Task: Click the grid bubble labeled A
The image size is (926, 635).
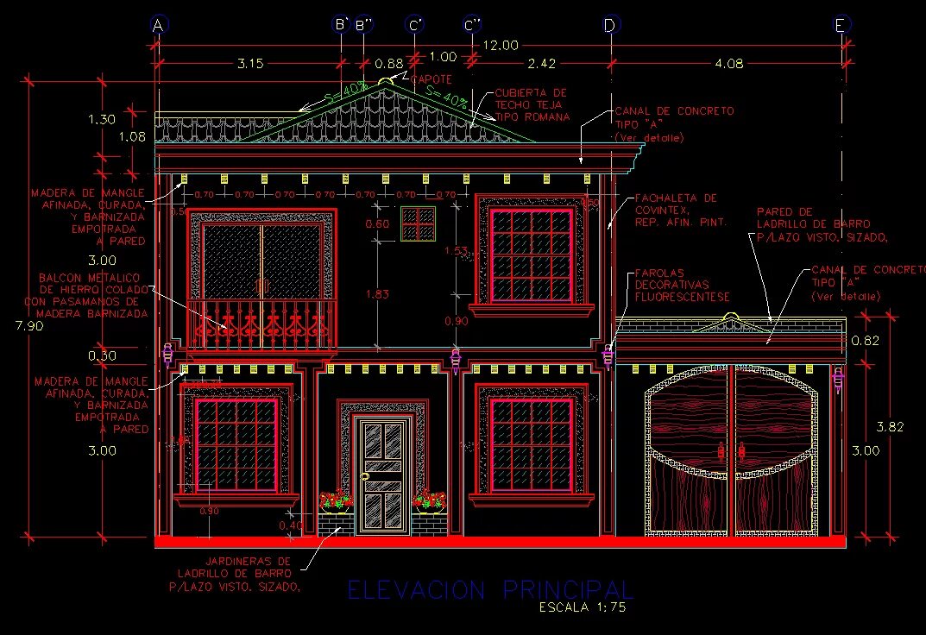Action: [x=157, y=25]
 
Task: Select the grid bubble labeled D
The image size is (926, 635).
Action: [x=610, y=25]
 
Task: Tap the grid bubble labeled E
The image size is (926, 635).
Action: [x=841, y=25]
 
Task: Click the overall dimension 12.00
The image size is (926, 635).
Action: [x=501, y=45]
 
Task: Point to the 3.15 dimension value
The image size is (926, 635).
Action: [x=250, y=63]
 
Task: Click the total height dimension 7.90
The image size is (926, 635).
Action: [x=12, y=325]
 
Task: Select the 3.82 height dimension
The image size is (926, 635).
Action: [x=890, y=426]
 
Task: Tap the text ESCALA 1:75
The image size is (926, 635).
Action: [x=582, y=607]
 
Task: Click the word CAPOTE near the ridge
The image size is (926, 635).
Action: [x=431, y=79]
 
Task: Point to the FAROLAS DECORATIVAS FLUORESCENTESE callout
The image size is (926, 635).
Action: [x=682, y=285]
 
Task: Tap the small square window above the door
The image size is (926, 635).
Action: [x=419, y=224]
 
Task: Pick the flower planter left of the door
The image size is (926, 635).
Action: [x=335, y=504]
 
